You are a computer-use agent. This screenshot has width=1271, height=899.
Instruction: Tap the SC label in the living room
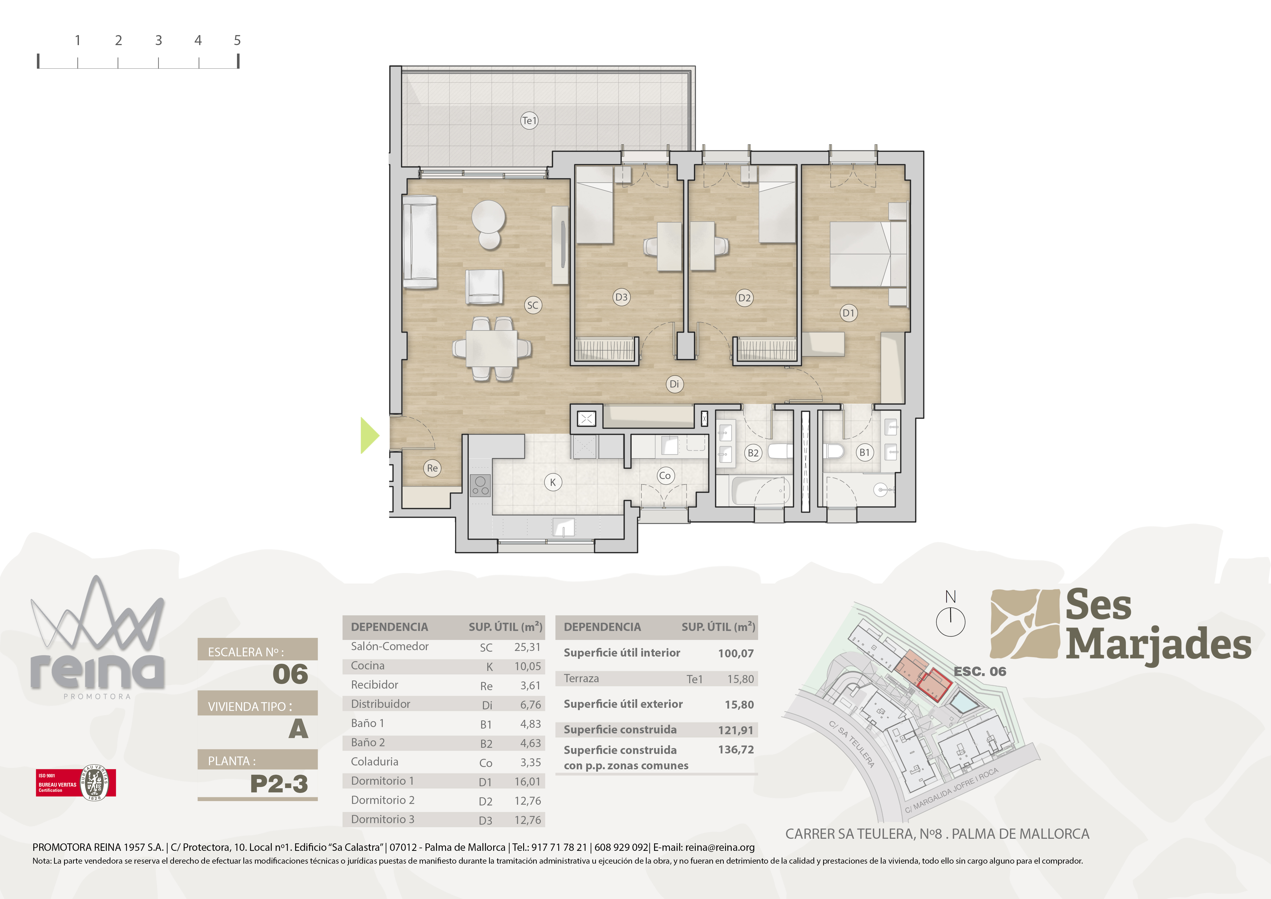533,305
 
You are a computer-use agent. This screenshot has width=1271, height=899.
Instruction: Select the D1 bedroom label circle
848,313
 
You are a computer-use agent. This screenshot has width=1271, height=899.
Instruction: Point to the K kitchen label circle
552,482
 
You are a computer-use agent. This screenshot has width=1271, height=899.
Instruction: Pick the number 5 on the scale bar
237,40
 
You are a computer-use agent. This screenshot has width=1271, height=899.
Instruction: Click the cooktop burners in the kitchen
480,485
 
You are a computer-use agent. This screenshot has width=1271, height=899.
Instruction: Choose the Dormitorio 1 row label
382,781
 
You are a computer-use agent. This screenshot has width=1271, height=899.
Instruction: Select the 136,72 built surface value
736,750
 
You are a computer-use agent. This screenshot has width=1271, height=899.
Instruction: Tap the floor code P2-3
279,784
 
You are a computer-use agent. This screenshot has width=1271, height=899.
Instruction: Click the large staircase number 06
290,674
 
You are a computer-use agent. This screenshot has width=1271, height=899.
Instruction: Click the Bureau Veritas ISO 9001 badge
76,783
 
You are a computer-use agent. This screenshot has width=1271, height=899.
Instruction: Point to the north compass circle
950,622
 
